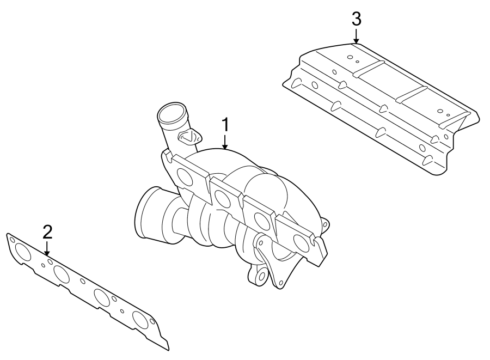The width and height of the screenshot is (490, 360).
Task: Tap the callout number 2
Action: [x=47, y=231]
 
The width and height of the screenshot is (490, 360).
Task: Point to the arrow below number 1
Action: [x=225, y=143]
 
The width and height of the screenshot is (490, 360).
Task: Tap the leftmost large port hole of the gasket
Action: [x=23, y=252]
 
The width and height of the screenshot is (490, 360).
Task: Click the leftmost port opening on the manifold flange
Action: [x=186, y=179]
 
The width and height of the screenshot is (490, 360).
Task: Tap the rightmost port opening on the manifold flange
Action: [x=301, y=242]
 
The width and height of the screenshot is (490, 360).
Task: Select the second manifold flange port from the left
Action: [x=223, y=199]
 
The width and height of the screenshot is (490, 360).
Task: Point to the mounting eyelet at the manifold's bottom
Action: [x=260, y=276]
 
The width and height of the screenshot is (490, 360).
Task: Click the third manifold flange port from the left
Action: [x=262, y=221]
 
